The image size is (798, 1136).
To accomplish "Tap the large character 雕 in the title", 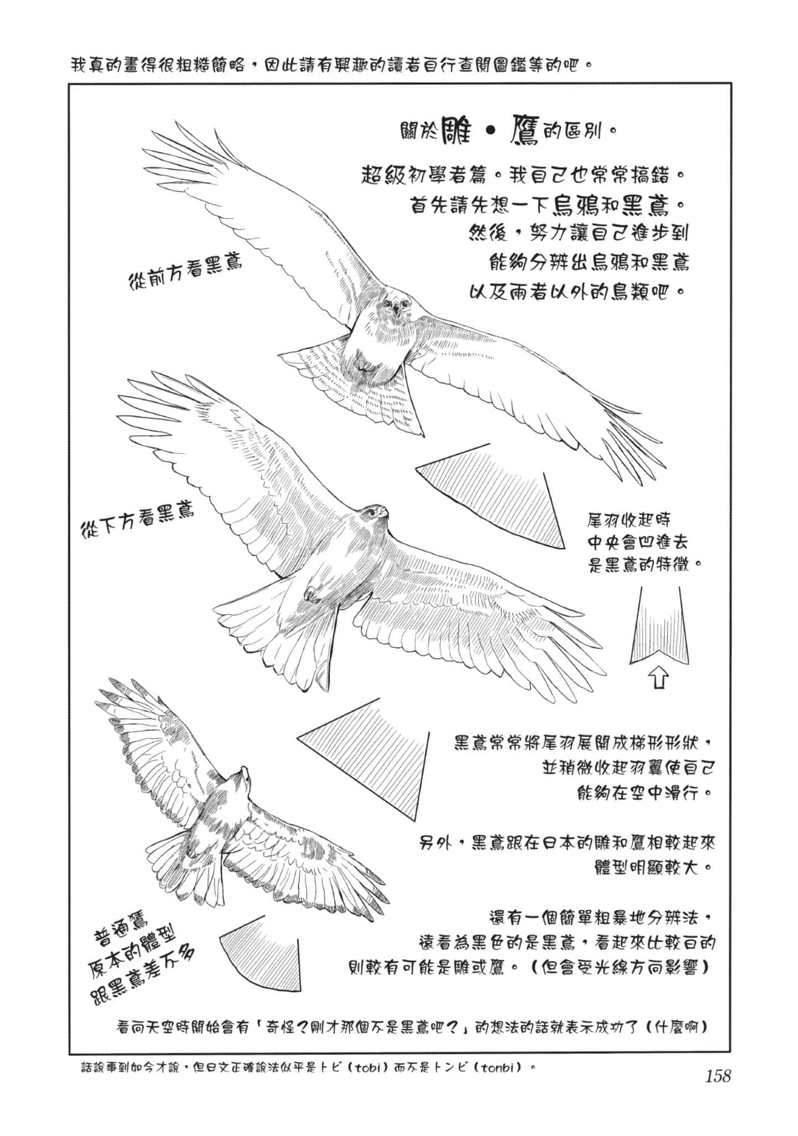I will pos(456,131).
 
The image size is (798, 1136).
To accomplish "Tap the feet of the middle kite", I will pos(311,594).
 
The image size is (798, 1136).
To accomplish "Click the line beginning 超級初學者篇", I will pos(521,176).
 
